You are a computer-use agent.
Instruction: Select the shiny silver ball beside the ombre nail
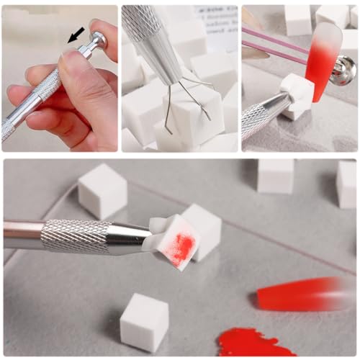pos(344,70)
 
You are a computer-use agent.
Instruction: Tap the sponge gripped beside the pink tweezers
pos(297,94)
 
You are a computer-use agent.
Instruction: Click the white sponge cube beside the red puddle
pos(144,322)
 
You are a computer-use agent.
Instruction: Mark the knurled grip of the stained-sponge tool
pos(76,236)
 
